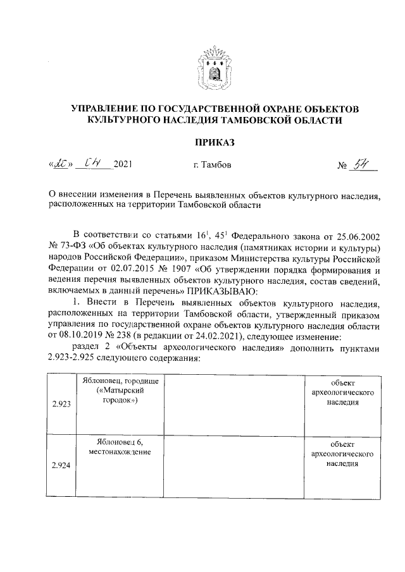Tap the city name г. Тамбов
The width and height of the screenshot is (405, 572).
tap(213, 166)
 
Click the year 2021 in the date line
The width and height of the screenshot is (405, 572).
tap(123, 166)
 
